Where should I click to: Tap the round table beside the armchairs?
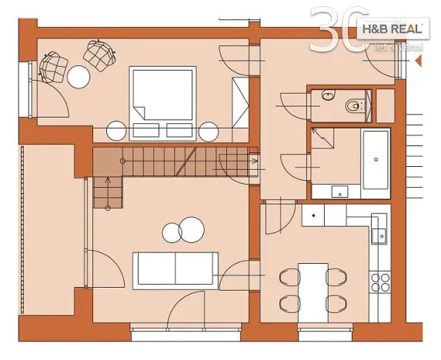[x=79, y=76]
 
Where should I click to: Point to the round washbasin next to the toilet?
[x=327, y=97]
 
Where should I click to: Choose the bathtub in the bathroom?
[x=376, y=159]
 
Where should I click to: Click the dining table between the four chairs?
[x=313, y=288]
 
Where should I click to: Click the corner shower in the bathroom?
[x=325, y=142]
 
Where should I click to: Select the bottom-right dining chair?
[x=336, y=303]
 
